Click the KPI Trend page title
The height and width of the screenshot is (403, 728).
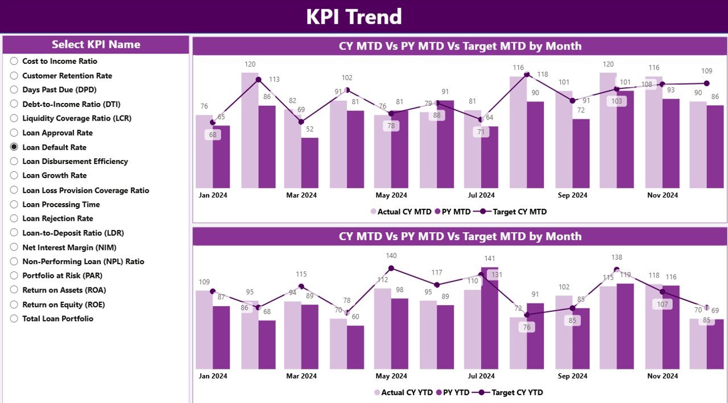[x=354, y=17]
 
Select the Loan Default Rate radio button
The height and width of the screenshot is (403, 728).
[x=14, y=147]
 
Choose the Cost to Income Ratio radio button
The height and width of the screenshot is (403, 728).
[x=14, y=61]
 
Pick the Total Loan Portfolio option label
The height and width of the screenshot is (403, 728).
[x=57, y=319]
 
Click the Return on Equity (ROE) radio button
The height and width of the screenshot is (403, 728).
[x=14, y=305]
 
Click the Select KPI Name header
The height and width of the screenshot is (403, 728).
[x=96, y=44]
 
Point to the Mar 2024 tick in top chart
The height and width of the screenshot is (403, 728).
[x=301, y=195]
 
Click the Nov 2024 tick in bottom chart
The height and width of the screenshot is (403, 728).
[x=662, y=376]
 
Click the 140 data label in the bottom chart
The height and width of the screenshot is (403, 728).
[x=391, y=256]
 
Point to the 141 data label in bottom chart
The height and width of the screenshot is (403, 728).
[x=489, y=258]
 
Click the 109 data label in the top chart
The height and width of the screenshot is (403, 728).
[x=706, y=71]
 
